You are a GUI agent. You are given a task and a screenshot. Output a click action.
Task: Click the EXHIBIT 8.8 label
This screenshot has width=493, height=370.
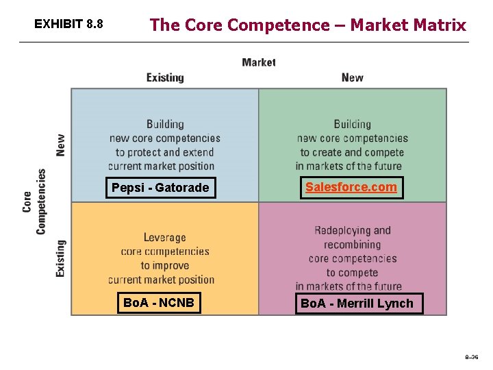[x=68, y=25]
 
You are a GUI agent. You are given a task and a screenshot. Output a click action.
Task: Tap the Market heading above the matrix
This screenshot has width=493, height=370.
[x=259, y=62]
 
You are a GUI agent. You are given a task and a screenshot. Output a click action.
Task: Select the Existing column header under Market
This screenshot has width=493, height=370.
[x=165, y=77]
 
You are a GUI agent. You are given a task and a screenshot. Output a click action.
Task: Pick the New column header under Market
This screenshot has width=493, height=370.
[x=352, y=77]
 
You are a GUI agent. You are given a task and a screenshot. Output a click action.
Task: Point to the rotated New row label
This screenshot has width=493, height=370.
[x=61, y=145]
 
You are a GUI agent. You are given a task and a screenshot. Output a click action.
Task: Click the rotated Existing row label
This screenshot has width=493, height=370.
[x=61, y=258]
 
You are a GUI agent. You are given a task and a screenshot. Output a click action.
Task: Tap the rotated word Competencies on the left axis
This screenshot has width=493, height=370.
[x=41, y=201]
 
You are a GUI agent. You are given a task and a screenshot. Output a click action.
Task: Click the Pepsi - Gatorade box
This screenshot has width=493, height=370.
[x=160, y=188]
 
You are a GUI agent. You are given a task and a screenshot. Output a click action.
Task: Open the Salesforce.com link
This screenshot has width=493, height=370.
[x=351, y=187]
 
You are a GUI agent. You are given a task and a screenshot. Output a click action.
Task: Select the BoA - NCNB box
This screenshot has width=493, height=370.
[x=159, y=302]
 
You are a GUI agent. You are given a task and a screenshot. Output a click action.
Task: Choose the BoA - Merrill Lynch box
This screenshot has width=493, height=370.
[x=357, y=304]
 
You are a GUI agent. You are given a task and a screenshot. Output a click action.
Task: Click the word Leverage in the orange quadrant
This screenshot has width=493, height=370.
[x=164, y=238]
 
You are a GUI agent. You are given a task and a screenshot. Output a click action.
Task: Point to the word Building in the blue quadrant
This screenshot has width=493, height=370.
[x=165, y=124]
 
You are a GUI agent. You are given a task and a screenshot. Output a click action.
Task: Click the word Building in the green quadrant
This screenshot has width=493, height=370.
[x=352, y=124]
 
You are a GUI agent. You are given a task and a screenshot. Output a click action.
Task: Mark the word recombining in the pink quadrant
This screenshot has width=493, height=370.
[x=352, y=245]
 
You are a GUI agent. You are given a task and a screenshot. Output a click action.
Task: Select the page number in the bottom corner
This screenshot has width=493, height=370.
[x=472, y=357]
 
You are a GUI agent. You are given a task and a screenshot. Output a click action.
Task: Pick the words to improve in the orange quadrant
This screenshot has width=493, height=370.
[x=164, y=265]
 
